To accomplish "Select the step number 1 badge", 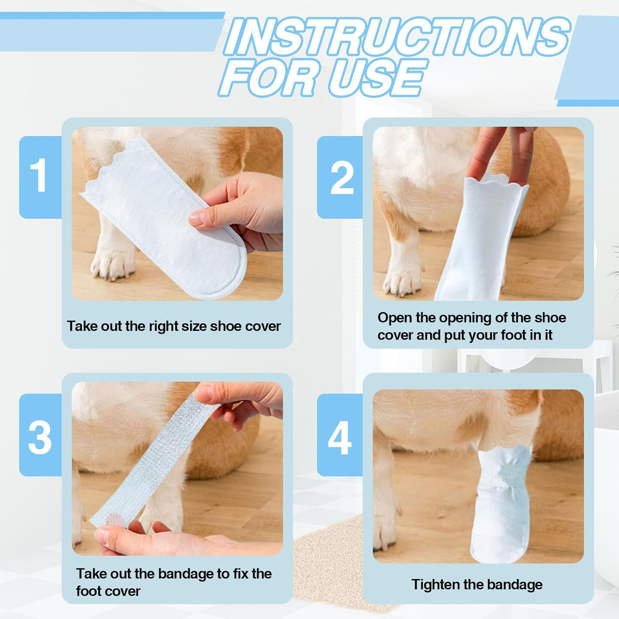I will pyautogui.click(x=40, y=176).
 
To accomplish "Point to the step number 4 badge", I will pyautogui.click(x=340, y=437).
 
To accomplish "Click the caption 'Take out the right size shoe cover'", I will pyautogui.click(x=174, y=326).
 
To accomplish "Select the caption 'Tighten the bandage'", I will pyautogui.click(x=477, y=584).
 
